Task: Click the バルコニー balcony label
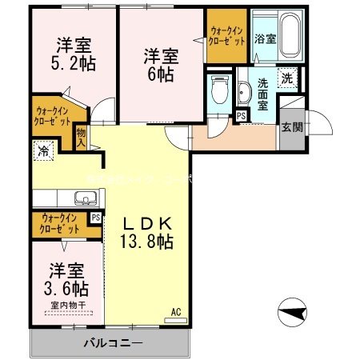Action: pos(113,344)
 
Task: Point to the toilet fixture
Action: pos(218,92)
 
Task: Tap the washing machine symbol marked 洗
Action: pos(286,79)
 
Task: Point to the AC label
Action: pos(175,312)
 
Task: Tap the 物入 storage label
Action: pos(81,138)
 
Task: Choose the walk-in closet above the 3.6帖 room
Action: pos(59,223)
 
